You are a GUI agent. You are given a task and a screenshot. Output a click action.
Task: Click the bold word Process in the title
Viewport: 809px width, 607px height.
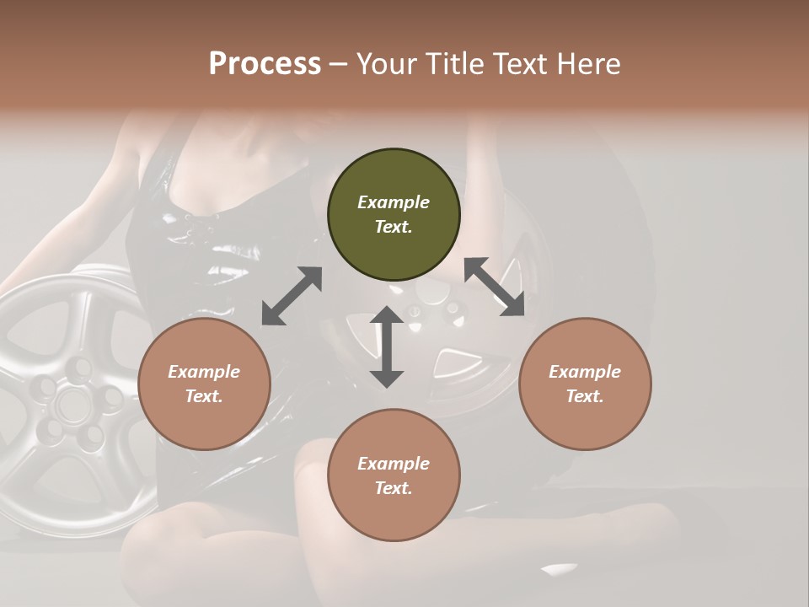265,64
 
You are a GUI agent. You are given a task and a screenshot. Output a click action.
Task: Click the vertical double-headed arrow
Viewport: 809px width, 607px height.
387,346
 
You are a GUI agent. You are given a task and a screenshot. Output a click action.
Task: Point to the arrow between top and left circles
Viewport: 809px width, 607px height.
292,296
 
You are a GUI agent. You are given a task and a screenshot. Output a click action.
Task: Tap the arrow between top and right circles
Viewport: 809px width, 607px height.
494,287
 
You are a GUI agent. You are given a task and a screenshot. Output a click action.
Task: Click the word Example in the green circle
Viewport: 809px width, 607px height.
394,202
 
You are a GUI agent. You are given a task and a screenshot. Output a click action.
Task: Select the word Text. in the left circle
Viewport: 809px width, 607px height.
204,396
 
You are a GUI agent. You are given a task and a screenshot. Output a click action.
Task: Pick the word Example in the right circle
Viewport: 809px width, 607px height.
585,372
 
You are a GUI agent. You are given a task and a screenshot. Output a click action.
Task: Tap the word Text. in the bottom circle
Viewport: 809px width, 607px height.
394,488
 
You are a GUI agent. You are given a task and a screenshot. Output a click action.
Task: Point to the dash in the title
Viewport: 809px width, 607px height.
339,64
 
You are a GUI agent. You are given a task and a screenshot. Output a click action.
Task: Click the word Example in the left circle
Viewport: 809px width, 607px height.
204,372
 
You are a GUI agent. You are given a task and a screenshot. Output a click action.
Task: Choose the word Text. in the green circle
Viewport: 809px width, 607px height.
394,227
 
